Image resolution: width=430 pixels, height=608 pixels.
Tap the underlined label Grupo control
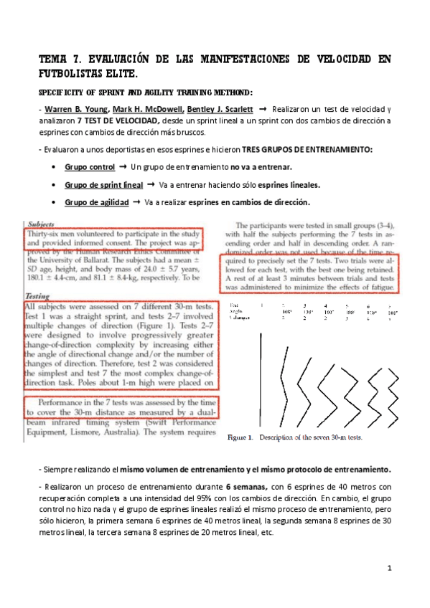(90, 167)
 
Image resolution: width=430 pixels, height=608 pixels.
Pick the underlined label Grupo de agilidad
(95, 202)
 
